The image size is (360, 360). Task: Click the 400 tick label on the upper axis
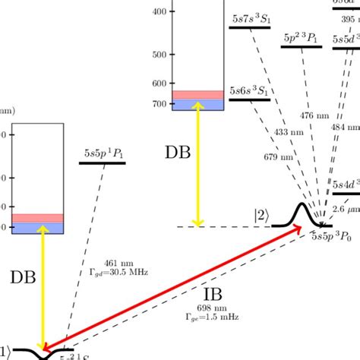[159, 12]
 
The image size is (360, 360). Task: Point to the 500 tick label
[159, 55]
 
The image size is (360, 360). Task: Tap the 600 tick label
[159, 84]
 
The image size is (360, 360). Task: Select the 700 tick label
[159, 103]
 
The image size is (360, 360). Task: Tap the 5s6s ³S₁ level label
[250, 90]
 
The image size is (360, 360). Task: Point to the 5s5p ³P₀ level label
[333, 237]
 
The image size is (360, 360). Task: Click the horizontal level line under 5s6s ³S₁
[250, 99]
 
